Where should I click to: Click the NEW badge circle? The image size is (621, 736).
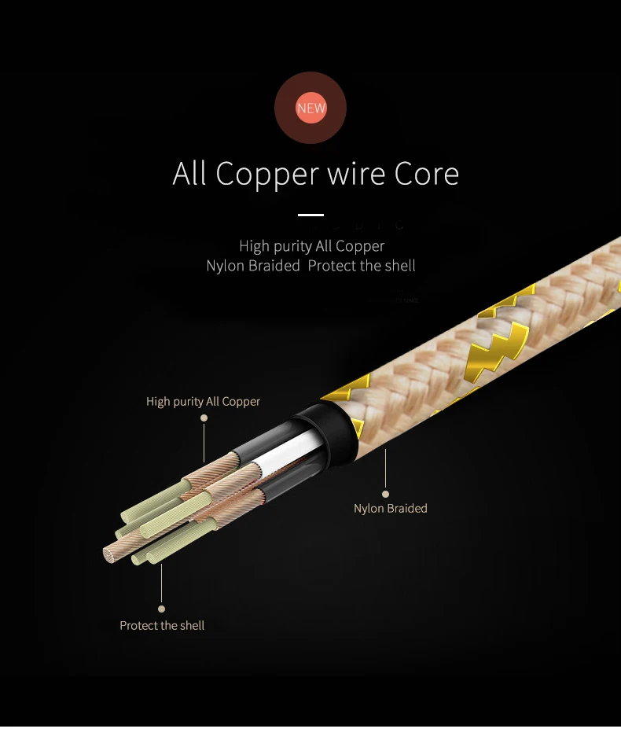pyautogui.click(x=310, y=108)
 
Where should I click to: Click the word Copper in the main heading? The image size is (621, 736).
pyautogui.click(x=267, y=175)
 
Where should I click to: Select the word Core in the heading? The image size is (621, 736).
pyautogui.click(x=426, y=174)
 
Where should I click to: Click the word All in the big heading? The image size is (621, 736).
pyautogui.click(x=189, y=174)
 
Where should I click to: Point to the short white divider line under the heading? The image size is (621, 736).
pyautogui.click(x=310, y=215)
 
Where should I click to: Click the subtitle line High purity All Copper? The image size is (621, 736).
pyautogui.click(x=311, y=246)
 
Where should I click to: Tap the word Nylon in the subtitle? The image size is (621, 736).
pyautogui.click(x=226, y=266)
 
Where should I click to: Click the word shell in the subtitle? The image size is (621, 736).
pyautogui.click(x=400, y=266)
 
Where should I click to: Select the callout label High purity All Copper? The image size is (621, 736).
pyautogui.click(x=203, y=402)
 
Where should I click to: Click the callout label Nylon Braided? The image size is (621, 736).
pyautogui.click(x=391, y=508)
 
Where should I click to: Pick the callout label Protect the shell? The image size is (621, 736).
pyautogui.click(x=162, y=626)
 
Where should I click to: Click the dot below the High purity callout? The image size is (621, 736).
pyautogui.click(x=204, y=418)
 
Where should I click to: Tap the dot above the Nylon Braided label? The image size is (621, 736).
pyautogui.click(x=385, y=494)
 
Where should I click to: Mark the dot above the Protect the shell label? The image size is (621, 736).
pyautogui.click(x=161, y=609)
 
